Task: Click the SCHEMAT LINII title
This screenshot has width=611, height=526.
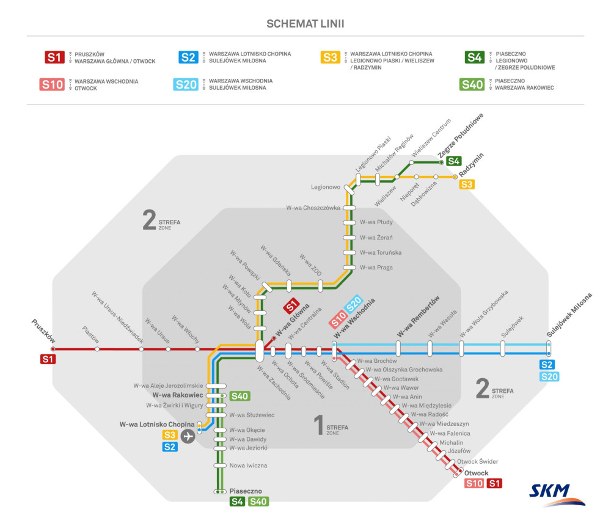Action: point(305,24)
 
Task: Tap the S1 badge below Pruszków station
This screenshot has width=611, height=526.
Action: point(48,359)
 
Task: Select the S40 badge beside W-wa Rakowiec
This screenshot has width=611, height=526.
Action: point(240,396)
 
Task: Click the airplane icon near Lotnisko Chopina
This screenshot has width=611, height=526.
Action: point(188,436)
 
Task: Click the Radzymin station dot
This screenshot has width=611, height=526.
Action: point(455,177)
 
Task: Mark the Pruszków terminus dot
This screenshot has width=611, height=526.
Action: point(53,349)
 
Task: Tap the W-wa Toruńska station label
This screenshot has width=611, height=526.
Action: point(381,252)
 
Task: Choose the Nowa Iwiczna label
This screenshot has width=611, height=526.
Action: point(248,466)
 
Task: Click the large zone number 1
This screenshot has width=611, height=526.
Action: point(317,426)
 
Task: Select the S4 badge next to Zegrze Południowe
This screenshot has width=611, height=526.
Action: point(453,161)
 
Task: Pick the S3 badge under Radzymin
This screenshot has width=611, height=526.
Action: point(467,184)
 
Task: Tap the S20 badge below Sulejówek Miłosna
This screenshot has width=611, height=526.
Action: point(549,376)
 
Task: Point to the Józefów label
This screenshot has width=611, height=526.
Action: point(459,451)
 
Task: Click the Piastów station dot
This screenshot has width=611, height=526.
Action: point(97,349)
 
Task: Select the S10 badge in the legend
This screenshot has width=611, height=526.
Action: point(52,84)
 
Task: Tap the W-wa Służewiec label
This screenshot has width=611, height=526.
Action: point(251,415)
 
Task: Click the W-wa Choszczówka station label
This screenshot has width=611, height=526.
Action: point(313,208)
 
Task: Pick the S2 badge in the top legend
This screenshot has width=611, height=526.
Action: point(188,57)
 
